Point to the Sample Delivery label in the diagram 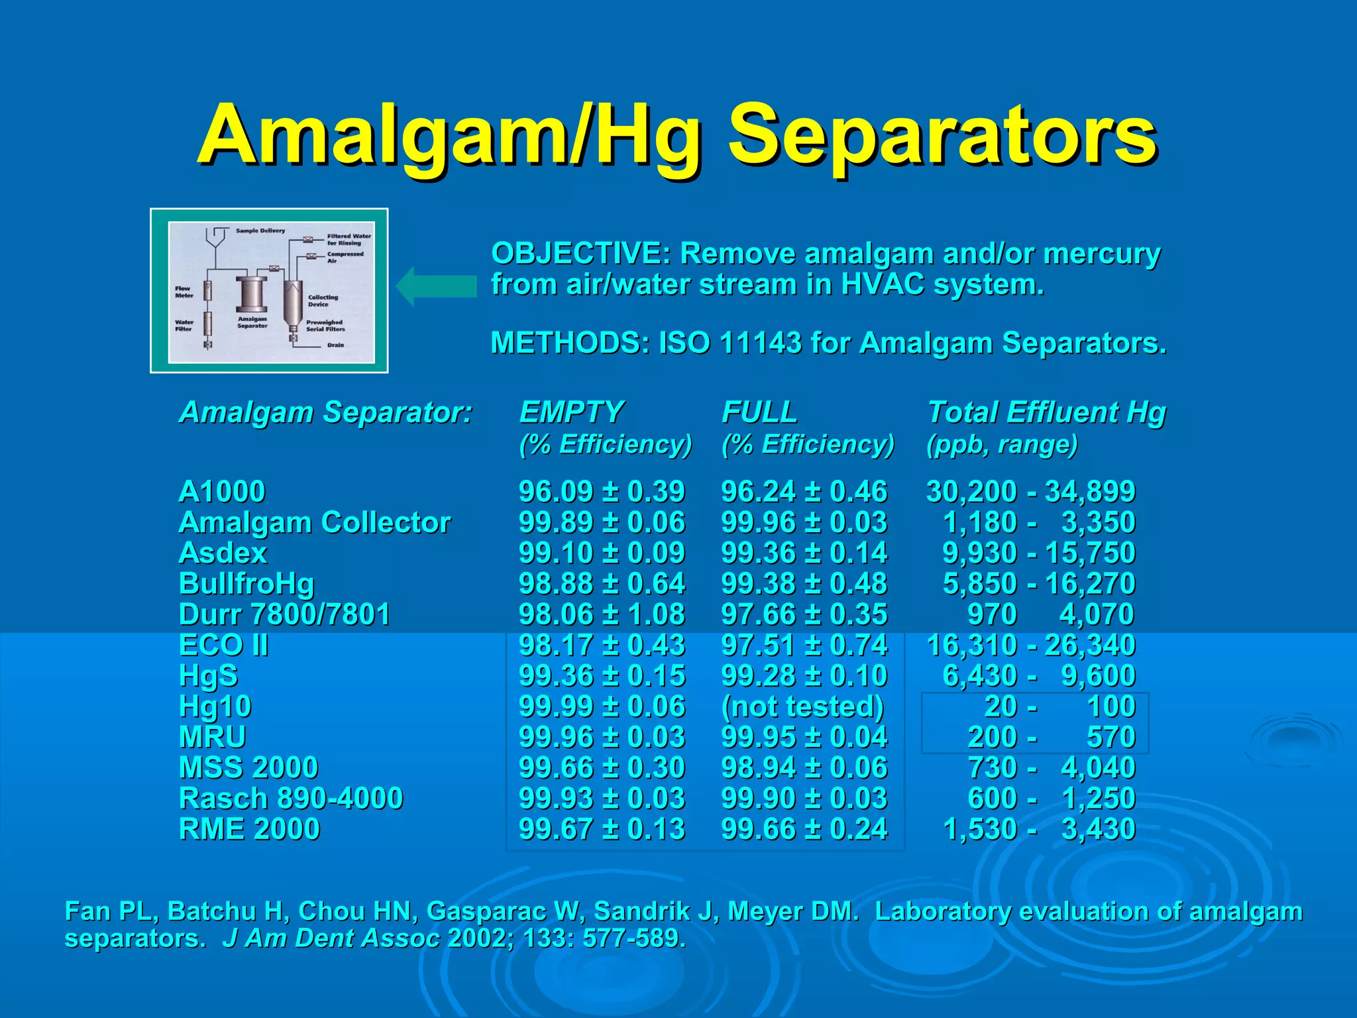(x=260, y=231)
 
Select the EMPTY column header (x=571, y=412)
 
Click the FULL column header (x=759, y=412)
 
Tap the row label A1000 (x=222, y=492)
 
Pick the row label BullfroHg (x=246, y=584)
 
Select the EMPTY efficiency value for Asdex (x=602, y=553)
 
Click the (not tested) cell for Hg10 (x=802, y=707)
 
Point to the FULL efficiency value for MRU (x=804, y=737)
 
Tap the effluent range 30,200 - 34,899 (x=1031, y=492)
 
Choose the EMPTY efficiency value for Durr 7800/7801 (x=602, y=614)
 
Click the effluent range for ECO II (x=1031, y=645)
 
